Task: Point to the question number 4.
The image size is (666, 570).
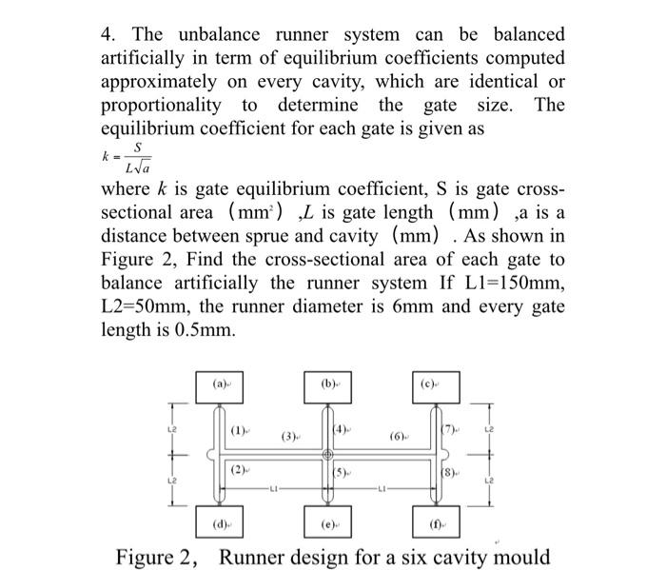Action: coord(108,34)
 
